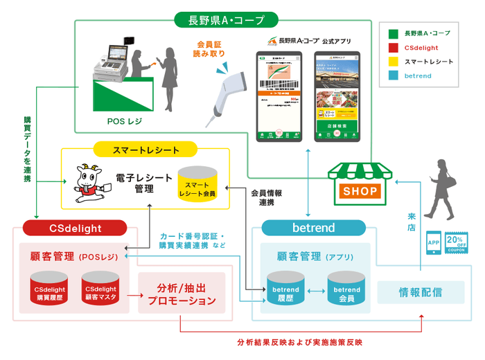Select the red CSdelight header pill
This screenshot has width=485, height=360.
pyautogui.click(x=74, y=228)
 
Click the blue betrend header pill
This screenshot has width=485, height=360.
pyautogui.click(x=314, y=228)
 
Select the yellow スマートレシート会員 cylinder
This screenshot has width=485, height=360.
pyautogui.click(x=197, y=183)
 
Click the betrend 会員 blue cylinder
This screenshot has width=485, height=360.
pyautogui.click(x=344, y=291)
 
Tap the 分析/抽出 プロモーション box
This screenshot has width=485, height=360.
pyautogui.click(x=182, y=294)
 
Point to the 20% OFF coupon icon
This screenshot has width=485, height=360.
pyautogui.click(x=458, y=244)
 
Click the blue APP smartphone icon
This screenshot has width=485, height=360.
pyautogui.click(x=434, y=244)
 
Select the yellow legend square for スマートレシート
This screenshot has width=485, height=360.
pyautogui.click(x=393, y=61)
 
